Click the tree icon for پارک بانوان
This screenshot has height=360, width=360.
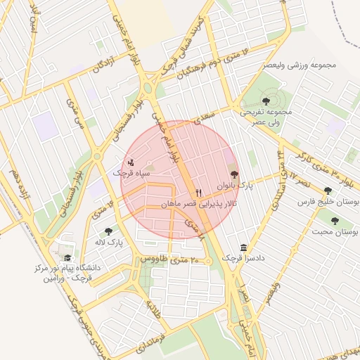[234, 174]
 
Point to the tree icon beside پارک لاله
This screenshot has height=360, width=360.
[108, 231]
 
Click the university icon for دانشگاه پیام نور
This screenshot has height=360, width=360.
[67, 257]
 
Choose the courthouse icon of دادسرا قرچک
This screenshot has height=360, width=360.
[243, 247]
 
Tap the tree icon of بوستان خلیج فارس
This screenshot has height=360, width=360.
[328, 191]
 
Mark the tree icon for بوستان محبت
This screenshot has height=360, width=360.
[334, 221]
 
